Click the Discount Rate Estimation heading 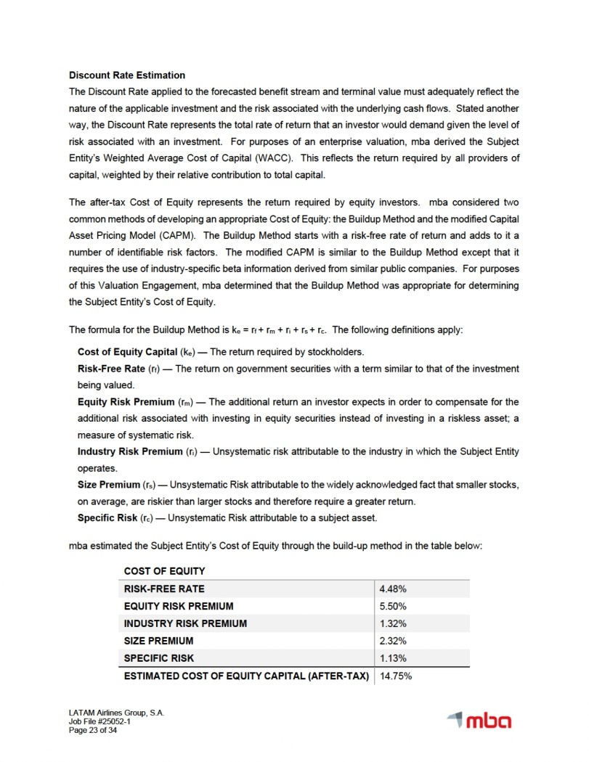[127, 75]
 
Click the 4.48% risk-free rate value [394, 589]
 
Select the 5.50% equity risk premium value [394, 606]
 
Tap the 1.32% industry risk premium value [394, 623]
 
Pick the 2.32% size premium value [394, 641]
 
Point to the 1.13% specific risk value [394, 658]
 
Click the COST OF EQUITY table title [165, 571]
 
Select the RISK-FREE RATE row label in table [164, 589]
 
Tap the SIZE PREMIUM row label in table [159, 641]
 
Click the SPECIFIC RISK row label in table [159, 658]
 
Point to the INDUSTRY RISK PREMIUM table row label [185, 623]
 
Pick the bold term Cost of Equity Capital [126, 352]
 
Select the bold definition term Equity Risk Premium [126, 402]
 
